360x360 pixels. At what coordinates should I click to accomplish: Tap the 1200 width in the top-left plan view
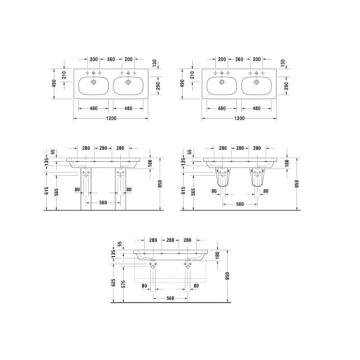pos(111,118)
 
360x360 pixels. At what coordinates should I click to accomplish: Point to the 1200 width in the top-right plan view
pos(239,118)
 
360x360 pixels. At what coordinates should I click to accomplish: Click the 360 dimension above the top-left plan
pos(111,59)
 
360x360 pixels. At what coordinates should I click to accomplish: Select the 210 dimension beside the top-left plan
pos(64,76)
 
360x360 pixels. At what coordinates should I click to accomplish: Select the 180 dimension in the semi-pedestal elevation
pos(287,163)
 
